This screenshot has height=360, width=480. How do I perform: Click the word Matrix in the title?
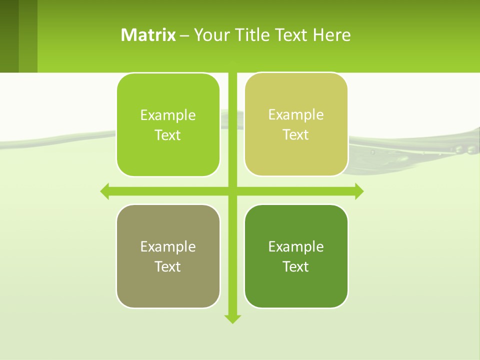[x=148, y=35]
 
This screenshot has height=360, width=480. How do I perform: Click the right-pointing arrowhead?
[x=359, y=191]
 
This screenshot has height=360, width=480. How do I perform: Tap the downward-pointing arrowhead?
[x=232, y=319]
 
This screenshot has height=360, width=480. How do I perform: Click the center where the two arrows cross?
[x=232, y=191]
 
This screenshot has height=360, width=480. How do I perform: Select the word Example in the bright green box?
[x=168, y=115]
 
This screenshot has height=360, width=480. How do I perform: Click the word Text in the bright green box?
[x=167, y=135]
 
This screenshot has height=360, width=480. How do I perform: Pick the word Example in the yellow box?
[x=296, y=114]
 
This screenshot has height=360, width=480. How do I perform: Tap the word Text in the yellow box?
[x=295, y=135]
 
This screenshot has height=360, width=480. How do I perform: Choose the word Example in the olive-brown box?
[x=168, y=246]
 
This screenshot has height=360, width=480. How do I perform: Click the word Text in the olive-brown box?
[x=167, y=267]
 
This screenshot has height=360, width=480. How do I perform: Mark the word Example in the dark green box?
[x=296, y=246]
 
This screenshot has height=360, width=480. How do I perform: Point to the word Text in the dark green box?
[x=295, y=267]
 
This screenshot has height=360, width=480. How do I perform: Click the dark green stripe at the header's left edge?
[x=9, y=36]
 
